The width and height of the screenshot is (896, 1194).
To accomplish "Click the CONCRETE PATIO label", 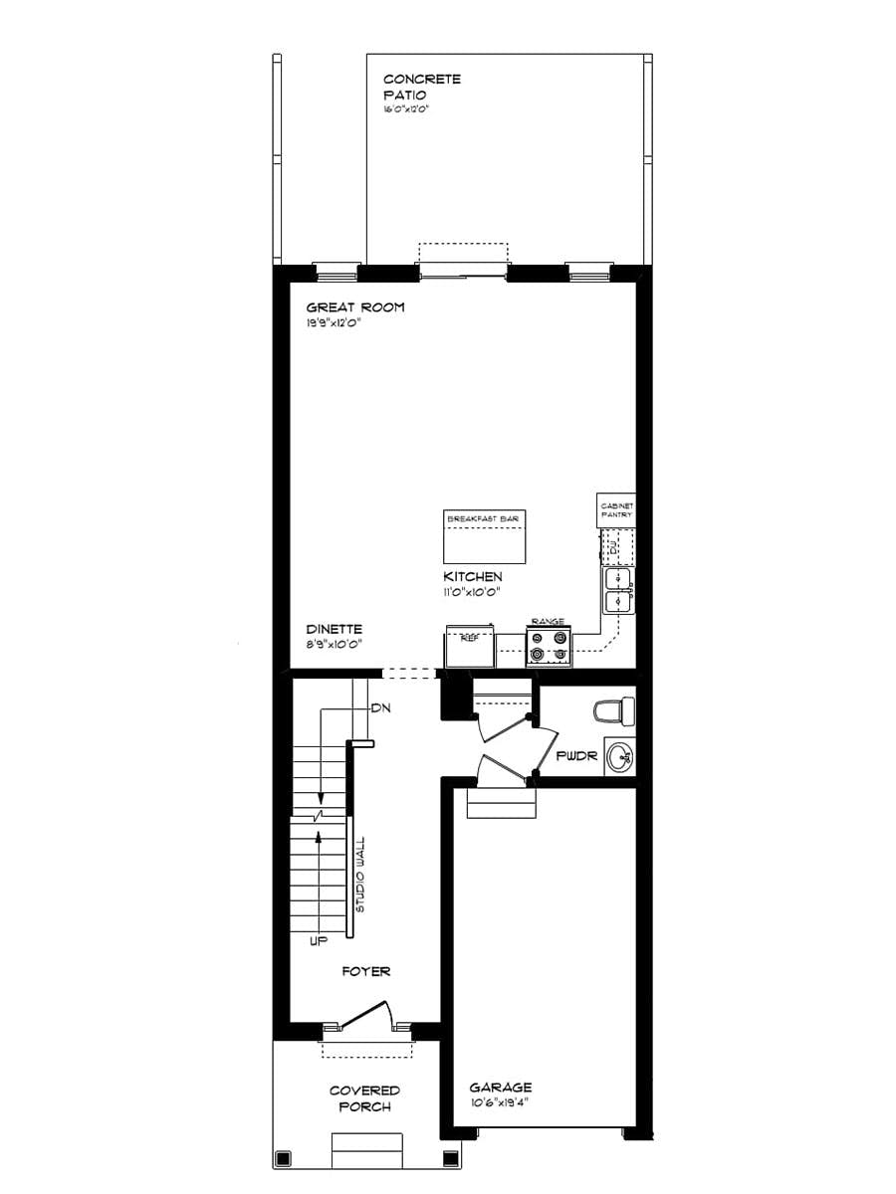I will [421, 87].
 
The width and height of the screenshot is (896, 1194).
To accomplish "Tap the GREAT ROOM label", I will [354, 307].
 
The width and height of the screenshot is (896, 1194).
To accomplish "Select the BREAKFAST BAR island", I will [484, 537].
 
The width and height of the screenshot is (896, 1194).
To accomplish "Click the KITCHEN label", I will [473, 577].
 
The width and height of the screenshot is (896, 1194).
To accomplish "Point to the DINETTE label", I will [334, 629].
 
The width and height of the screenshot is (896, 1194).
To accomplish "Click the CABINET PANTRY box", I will [616, 510].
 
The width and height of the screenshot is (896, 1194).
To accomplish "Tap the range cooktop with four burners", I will [550, 647].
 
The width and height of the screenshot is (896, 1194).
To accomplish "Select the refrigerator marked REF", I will [469, 649].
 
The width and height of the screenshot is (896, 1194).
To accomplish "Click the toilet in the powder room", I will [613, 710].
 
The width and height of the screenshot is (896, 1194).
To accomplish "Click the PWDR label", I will [576, 756].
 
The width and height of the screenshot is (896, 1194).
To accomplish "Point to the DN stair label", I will [379, 708].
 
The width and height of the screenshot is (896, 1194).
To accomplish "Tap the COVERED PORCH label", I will [364, 1098].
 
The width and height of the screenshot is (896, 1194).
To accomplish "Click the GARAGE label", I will [500, 1088].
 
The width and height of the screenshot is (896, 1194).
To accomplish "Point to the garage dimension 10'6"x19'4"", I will [501, 1103].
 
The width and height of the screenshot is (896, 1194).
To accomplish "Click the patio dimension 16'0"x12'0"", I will [406, 110].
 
